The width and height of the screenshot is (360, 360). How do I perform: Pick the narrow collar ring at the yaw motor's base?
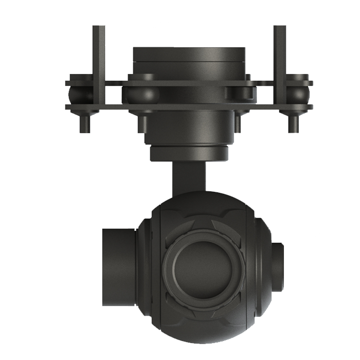tap(189, 154)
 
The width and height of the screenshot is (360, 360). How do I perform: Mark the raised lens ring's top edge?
tap(204, 234)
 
